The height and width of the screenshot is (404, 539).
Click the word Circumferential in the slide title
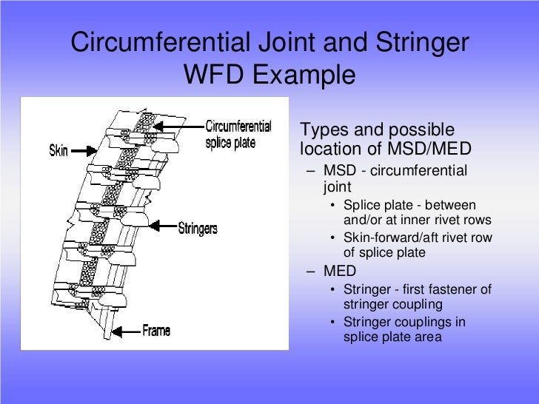[169, 43]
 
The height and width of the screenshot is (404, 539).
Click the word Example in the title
[304, 75]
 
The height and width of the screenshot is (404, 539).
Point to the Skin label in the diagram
[58, 150]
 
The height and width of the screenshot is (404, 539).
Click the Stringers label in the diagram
[198, 229]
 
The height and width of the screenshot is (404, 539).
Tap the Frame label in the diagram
[156, 330]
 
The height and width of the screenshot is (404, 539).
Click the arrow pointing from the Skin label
[84, 150]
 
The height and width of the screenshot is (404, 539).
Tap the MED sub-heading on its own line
[341, 270]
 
